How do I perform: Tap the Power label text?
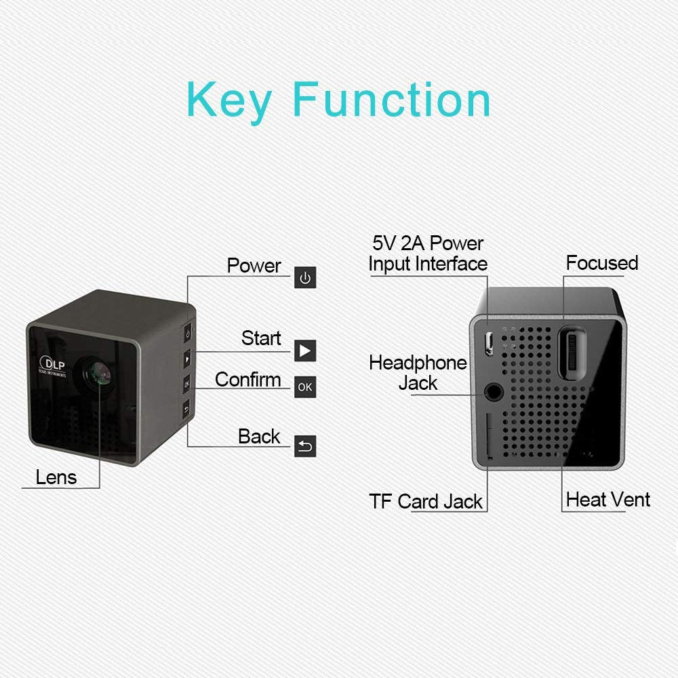[x=254, y=265]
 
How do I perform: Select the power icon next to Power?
[x=305, y=278]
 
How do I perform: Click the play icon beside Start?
[x=305, y=351]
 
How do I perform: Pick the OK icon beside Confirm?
[x=305, y=387]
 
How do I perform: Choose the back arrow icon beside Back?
[x=305, y=446]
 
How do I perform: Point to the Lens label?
[x=56, y=477]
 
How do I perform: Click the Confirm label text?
[x=247, y=380]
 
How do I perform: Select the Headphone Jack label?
[x=418, y=373]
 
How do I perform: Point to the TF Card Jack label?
[x=426, y=502]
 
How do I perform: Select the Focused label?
[x=602, y=263]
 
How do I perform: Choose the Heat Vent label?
[x=607, y=500]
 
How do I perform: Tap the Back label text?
[x=259, y=437]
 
